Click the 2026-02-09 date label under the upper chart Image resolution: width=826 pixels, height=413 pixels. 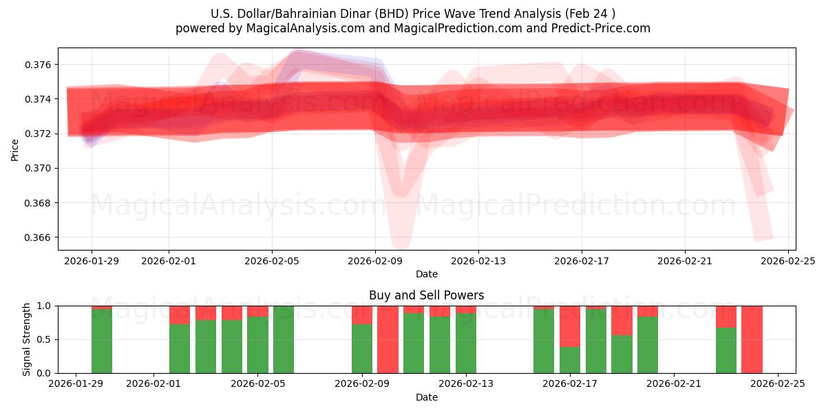point(375,261)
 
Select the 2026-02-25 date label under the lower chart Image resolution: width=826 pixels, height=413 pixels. point(778,384)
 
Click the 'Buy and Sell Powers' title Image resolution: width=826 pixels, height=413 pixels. point(426,295)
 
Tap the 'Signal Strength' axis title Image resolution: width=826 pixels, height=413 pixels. point(27,339)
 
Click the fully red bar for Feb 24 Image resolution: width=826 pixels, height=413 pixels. point(752,339)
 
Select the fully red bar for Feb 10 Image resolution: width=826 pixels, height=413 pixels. point(388,339)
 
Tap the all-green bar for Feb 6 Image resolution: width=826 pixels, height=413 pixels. point(284,339)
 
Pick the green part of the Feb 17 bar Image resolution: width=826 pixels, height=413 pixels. point(569,360)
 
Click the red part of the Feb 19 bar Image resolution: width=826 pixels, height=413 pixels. point(622,320)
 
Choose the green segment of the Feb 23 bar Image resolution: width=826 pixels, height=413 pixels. point(726,350)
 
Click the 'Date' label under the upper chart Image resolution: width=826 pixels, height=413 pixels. point(426,274)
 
